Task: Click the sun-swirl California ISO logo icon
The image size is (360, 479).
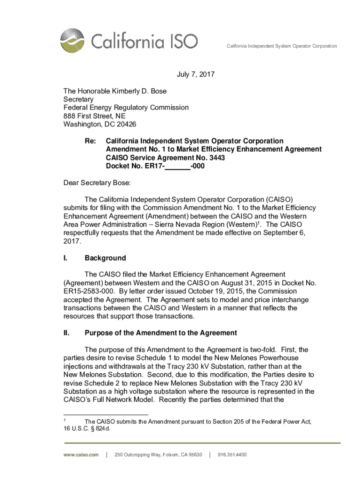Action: coord(73,41)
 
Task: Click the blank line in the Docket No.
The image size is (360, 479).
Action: coord(178,166)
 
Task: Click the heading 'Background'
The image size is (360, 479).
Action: coord(105,258)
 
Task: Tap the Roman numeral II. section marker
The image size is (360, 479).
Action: coord(66,333)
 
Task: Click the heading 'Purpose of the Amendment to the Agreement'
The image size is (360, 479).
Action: coord(160,333)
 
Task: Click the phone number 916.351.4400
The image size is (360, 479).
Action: coord(232,455)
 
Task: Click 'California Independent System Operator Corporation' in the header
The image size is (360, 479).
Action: coord(281,46)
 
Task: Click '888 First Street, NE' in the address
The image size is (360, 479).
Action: coord(94,116)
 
